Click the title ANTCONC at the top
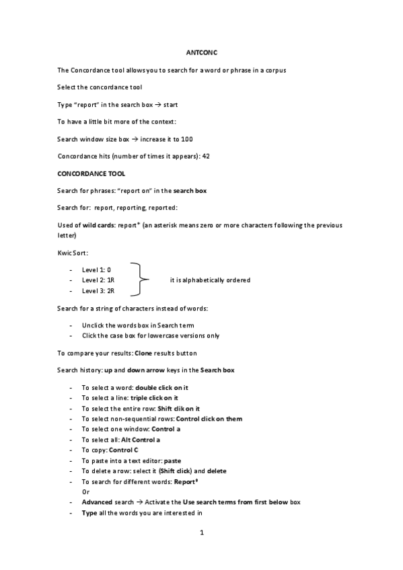202,52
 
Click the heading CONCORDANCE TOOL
91,173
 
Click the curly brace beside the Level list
137,280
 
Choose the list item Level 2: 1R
98,280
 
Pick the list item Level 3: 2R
98,290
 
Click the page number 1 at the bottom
201,534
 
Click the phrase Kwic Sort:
73,252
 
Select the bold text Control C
124,450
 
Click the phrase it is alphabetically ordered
210,280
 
